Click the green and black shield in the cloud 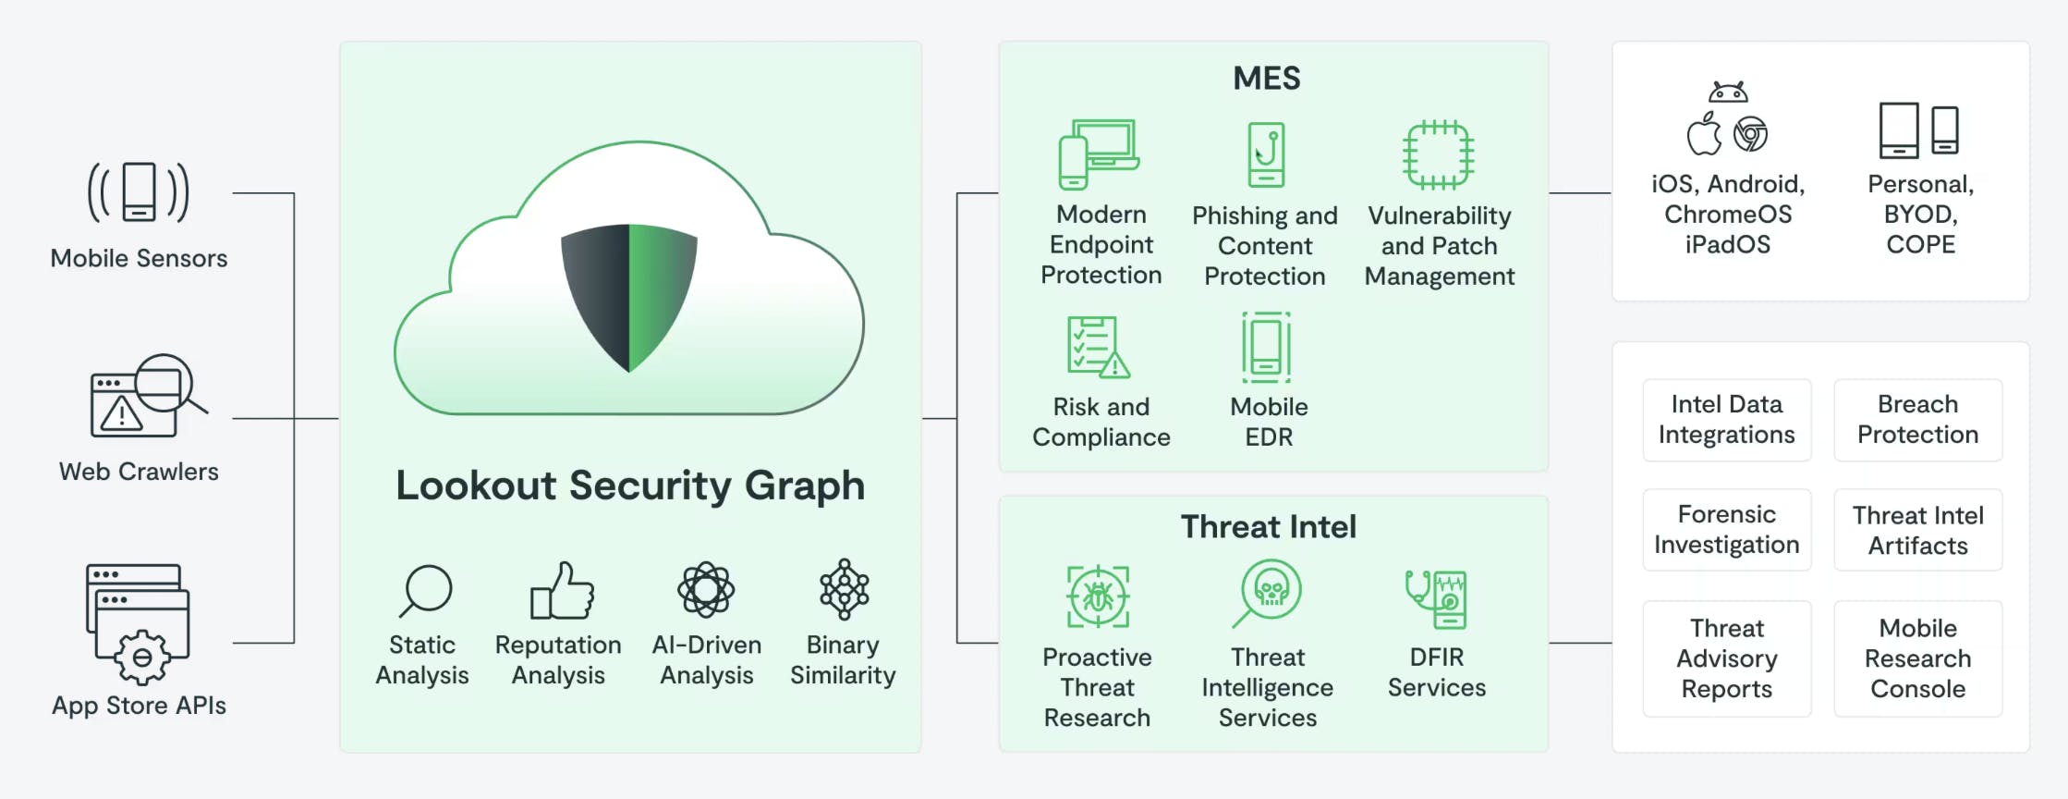click(629, 296)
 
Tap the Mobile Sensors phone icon click(139, 192)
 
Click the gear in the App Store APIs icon click(142, 658)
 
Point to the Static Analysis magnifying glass click(426, 590)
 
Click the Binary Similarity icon click(844, 589)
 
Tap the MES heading click(1266, 79)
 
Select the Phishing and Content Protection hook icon click(1266, 154)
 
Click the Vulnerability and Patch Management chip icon click(1438, 154)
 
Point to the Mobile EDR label click(1269, 422)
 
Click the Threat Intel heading click(1268, 527)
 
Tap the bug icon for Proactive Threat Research click(1098, 596)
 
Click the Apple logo click(1704, 135)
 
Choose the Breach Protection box click(1917, 420)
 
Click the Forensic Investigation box click(1726, 530)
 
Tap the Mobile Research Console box click(1917, 658)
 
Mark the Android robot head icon click(1728, 92)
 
